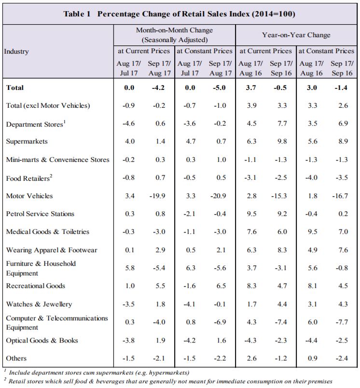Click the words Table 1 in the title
click(77, 14)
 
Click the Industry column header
click(16, 52)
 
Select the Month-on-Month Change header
click(174, 30)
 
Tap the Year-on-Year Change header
click(296, 35)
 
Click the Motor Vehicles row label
click(29, 196)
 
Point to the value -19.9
click(157, 196)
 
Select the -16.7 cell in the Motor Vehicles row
click(340, 196)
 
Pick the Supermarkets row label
click(27, 141)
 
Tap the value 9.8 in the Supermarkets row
click(282, 141)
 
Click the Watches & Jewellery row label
click(39, 304)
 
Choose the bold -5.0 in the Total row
click(220, 87)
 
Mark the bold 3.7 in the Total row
click(251, 87)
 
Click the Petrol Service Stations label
click(40, 214)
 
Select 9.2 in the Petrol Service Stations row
click(282, 214)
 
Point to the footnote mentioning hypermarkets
click(97, 373)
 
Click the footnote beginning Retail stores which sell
click(168, 381)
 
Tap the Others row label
click(16, 359)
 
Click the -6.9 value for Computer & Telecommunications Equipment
click(220, 322)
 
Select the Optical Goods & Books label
click(42, 341)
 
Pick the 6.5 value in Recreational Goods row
click(221, 286)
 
